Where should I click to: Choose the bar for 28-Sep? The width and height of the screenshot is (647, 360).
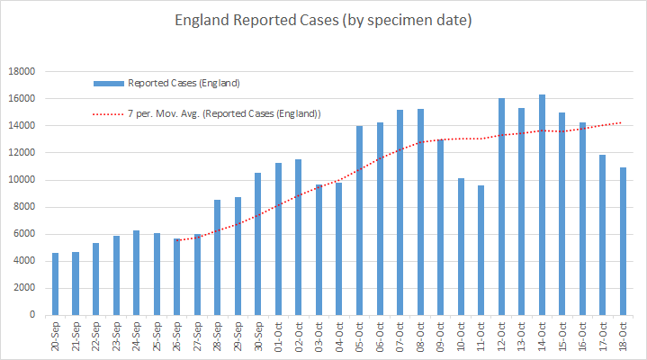(x=218, y=257)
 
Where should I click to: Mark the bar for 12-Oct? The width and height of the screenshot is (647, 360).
(x=501, y=206)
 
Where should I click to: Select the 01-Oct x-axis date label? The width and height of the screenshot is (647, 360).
(x=278, y=337)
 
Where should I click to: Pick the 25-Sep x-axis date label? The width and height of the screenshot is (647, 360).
(x=157, y=337)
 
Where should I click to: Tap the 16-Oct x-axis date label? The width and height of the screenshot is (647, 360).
(x=582, y=337)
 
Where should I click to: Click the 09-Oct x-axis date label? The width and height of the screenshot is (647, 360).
(x=440, y=337)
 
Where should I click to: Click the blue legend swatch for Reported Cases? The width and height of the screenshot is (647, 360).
(x=108, y=84)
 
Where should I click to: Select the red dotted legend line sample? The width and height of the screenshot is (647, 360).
(x=108, y=113)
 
